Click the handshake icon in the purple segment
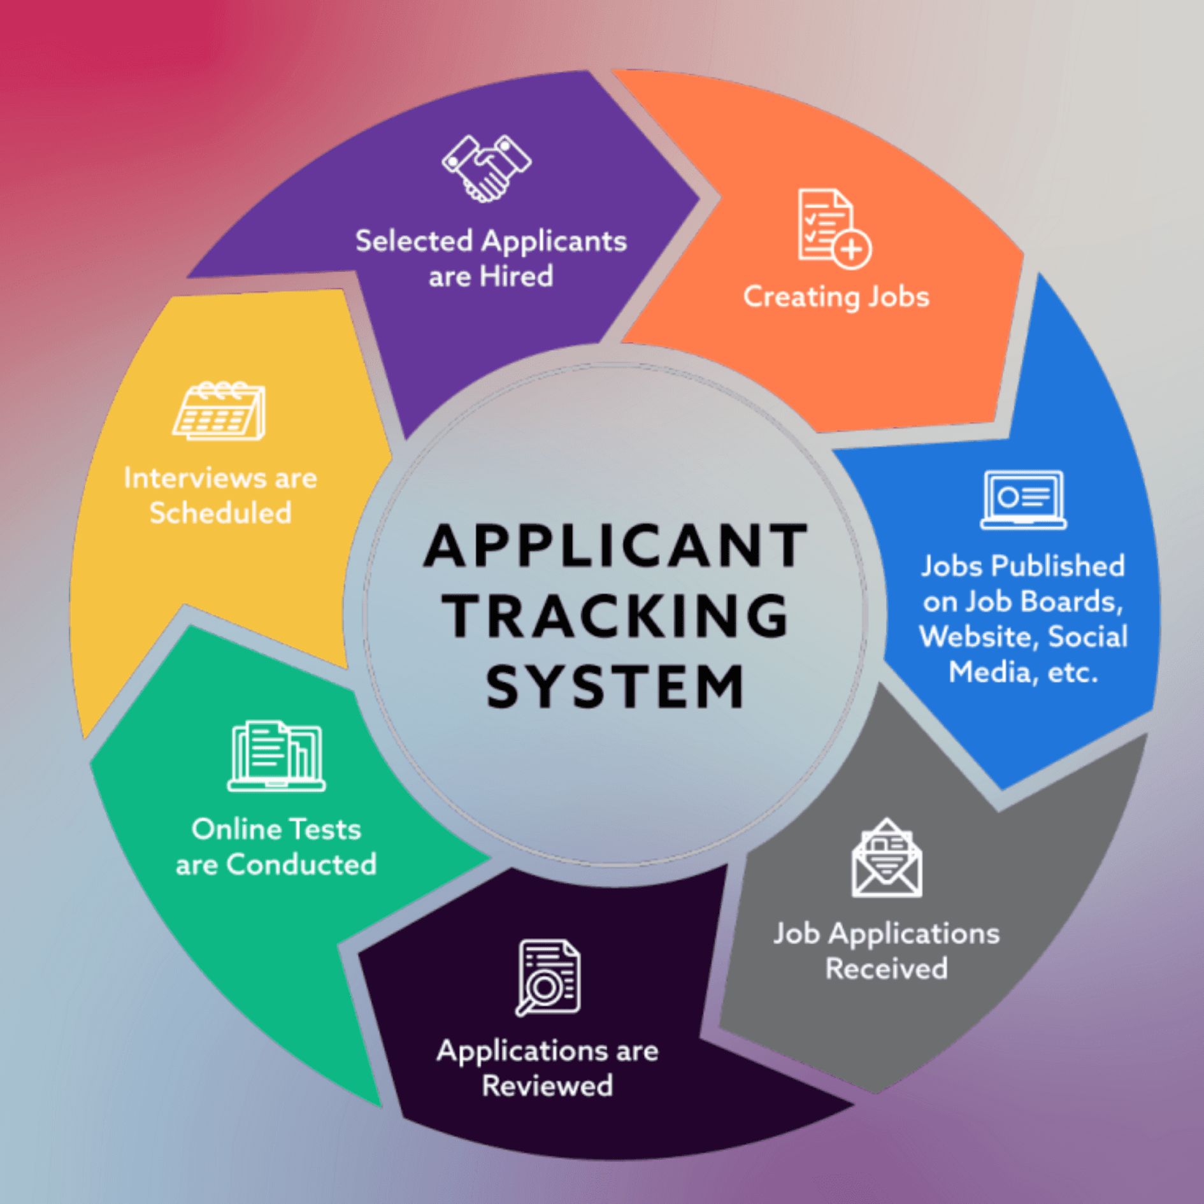(487, 168)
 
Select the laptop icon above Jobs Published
(1023, 500)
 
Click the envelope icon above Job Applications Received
(887, 857)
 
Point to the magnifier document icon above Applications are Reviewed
(548, 977)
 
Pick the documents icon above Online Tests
(276, 756)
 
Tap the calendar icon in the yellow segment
(219, 411)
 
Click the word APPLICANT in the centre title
(615, 545)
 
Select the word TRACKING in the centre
(615, 615)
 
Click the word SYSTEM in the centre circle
(615, 685)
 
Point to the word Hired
(516, 276)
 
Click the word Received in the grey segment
(887, 969)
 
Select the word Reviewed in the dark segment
(547, 1086)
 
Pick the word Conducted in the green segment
(301, 864)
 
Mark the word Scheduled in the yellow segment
(220, 513)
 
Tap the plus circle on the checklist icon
(852, 249)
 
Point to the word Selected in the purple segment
(414, 241)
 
